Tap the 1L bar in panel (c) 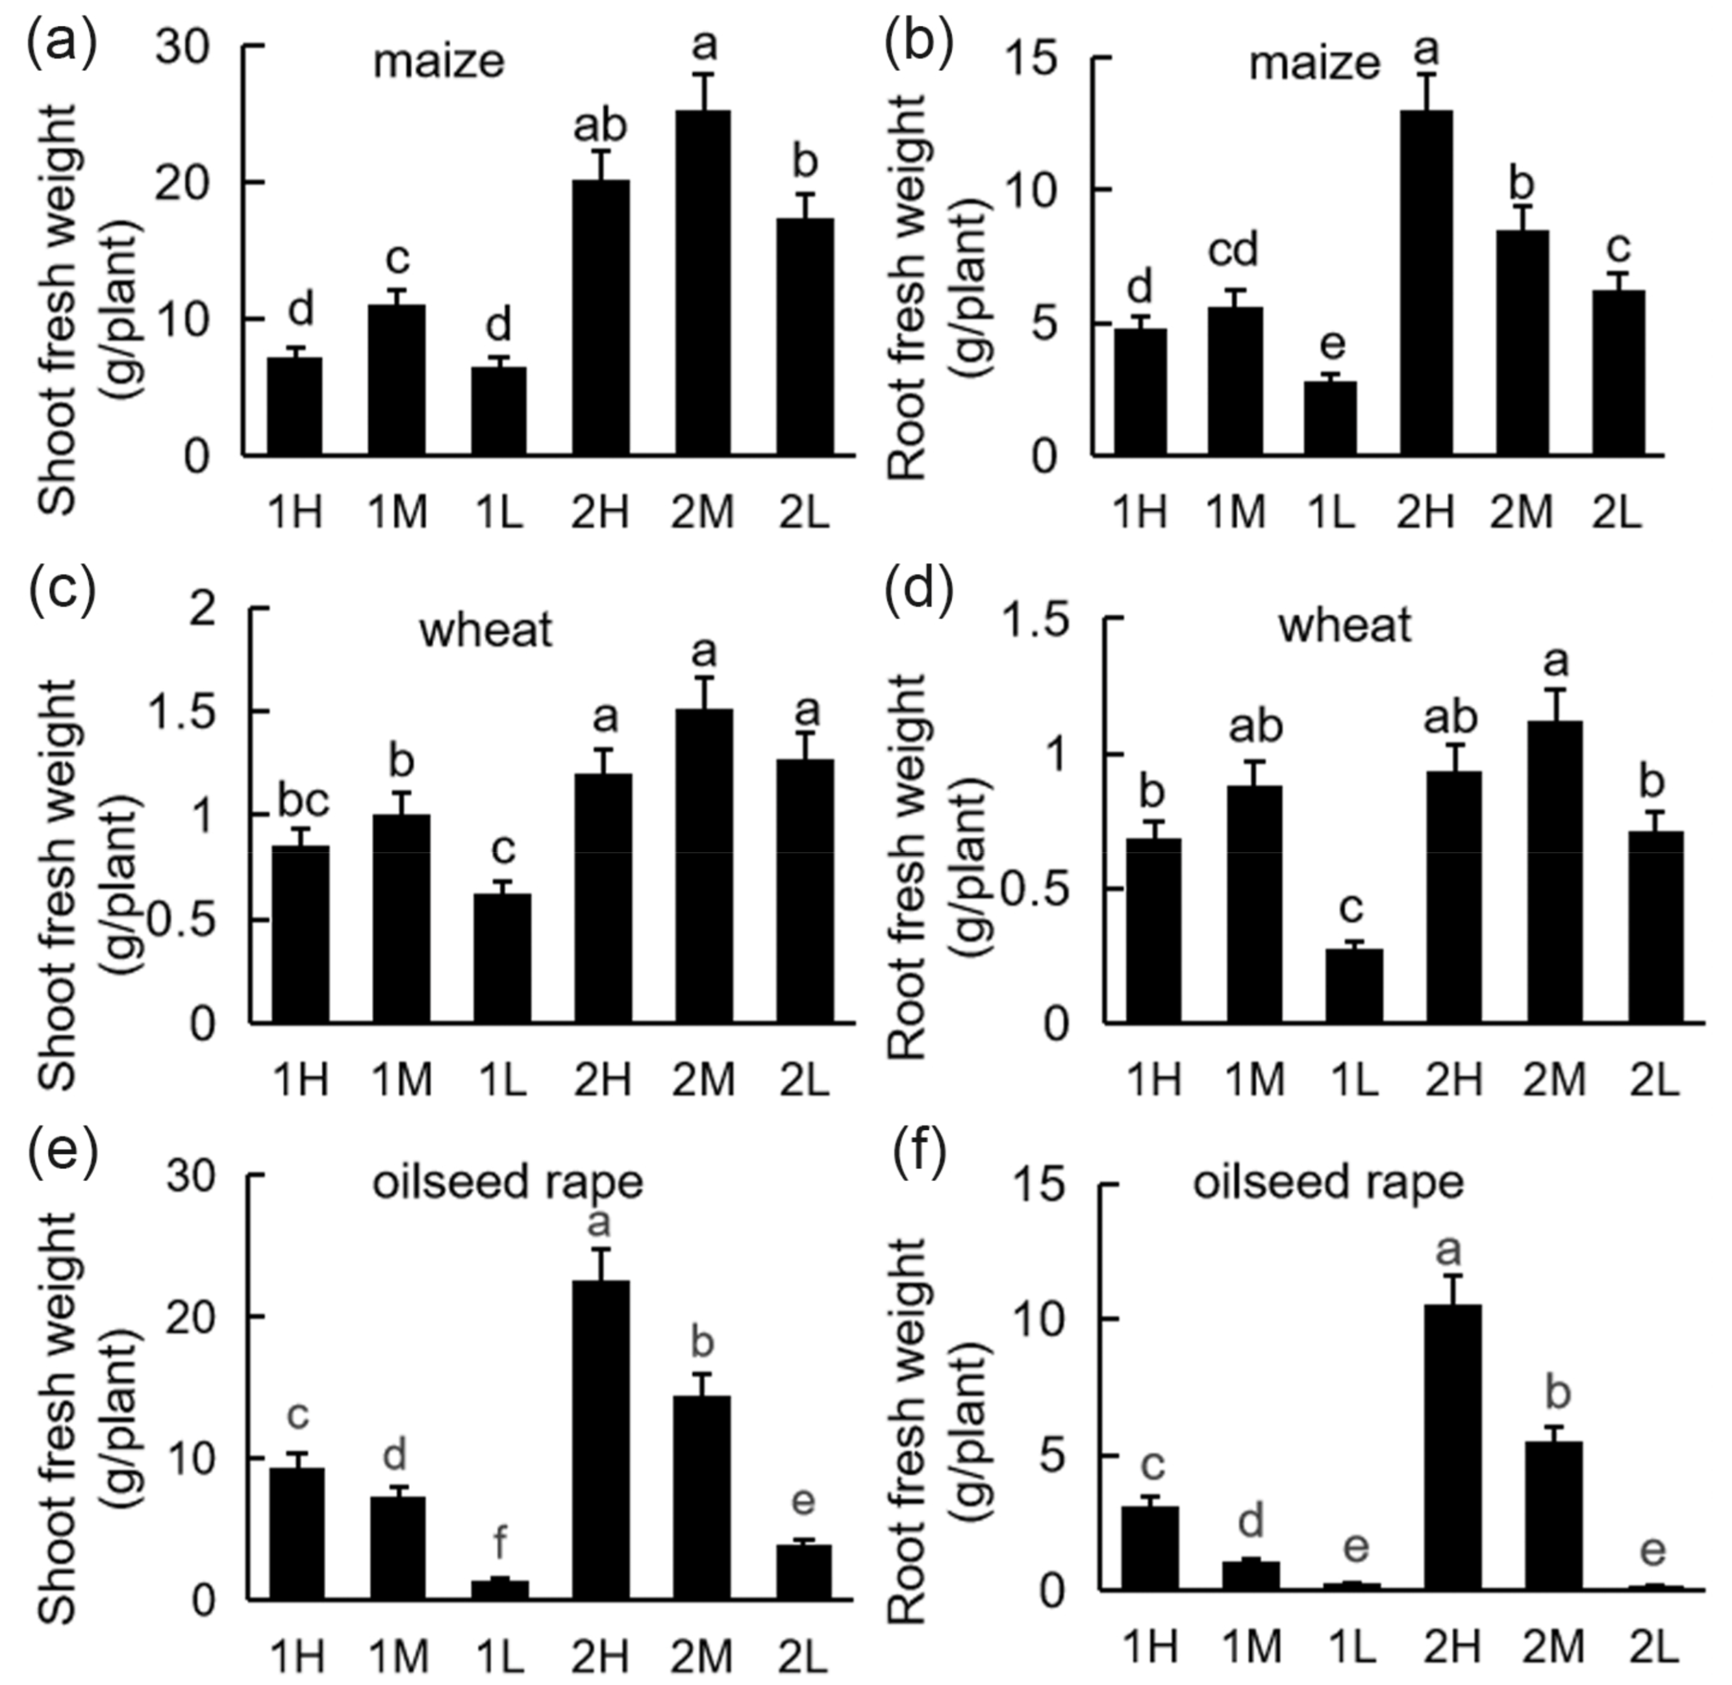coord(502,958)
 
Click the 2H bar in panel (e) coord(602,1440)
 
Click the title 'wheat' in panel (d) coord(1344,627)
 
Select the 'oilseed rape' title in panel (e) coord(507,1182)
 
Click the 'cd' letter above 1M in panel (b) coord(1234,251)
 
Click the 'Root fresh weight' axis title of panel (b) coord(910,288)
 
